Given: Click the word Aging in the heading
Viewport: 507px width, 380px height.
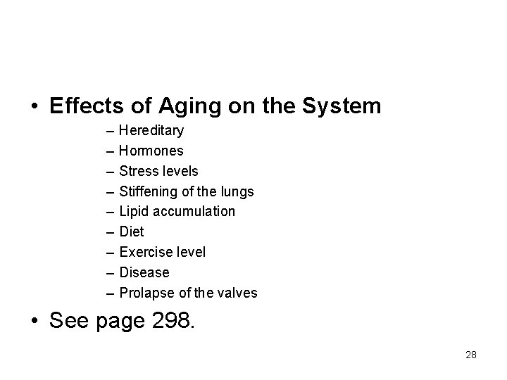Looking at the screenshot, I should click(x=185, y=107).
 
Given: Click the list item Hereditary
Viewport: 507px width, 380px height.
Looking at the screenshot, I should click(x=151, y=131).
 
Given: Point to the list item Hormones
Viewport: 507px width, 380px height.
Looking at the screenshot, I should click(x=151, y=151).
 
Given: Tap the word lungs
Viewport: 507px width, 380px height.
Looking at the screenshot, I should click(x=237, y=191).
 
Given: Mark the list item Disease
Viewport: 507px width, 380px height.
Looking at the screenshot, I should click(x=144, y=272).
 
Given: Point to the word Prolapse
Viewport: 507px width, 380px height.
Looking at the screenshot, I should click(x=144, y=293).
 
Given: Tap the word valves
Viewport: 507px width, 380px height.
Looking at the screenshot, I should click(x=239, y=293).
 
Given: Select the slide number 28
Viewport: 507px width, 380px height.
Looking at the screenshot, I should click(x=471, y=355).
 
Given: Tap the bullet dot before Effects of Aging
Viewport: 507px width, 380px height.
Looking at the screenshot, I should click(x=34, y=108).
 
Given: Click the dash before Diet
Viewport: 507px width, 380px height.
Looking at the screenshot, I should click(x=112, y=232).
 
